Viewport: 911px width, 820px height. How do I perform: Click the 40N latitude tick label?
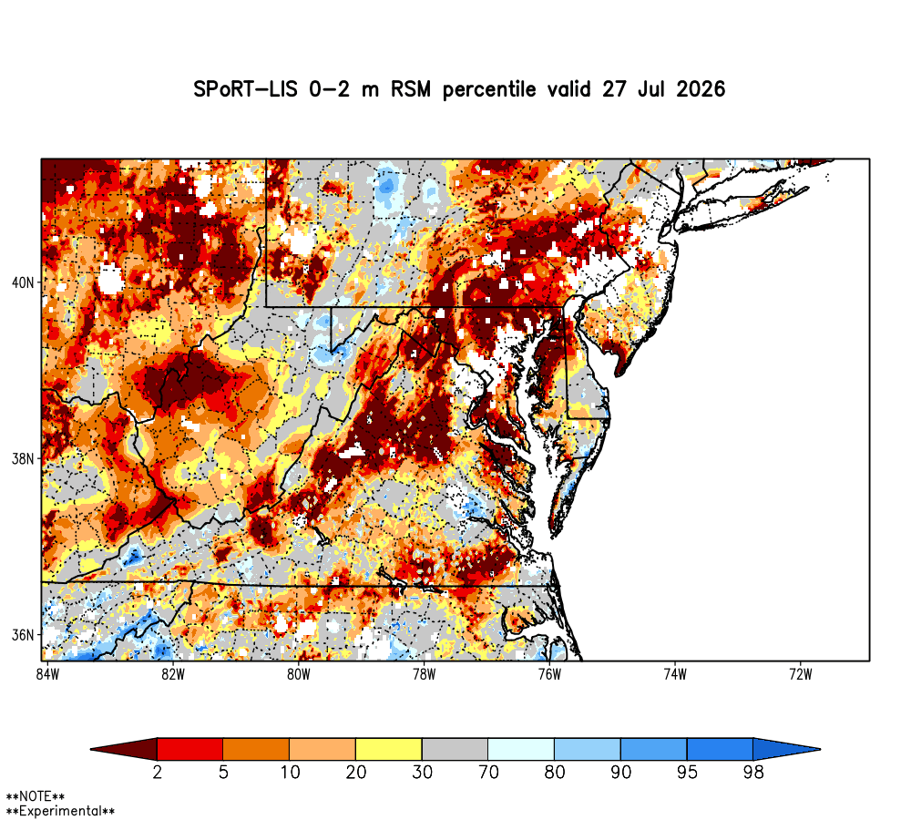coord(24,283)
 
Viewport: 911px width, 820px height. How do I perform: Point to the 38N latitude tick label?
coord(24,459)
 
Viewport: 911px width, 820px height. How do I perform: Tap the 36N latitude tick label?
coord(24,635)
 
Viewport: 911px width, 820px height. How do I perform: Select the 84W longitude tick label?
coord(47,674)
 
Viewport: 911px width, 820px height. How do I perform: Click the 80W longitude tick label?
coord(299,674)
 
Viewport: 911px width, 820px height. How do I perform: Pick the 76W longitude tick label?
coord(549,674)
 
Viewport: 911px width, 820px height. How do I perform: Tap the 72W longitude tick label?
coord(801,674)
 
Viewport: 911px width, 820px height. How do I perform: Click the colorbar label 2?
coord(157,773)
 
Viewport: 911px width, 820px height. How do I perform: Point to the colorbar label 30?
coord(422,773)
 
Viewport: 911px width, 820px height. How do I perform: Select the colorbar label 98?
coord(753,773)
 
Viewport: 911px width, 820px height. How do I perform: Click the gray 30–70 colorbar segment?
coord(455,749)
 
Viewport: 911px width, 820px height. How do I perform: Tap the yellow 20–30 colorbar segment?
coord(389,749)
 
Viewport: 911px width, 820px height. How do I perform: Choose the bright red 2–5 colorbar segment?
coord(190,749)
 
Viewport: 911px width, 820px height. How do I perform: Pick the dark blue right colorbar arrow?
coord(784,749)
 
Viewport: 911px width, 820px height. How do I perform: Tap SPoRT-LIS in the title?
coord(244,89)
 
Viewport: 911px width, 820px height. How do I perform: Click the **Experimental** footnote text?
coord(60,811)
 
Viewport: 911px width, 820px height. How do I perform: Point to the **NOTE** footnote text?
coord(36,796)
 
